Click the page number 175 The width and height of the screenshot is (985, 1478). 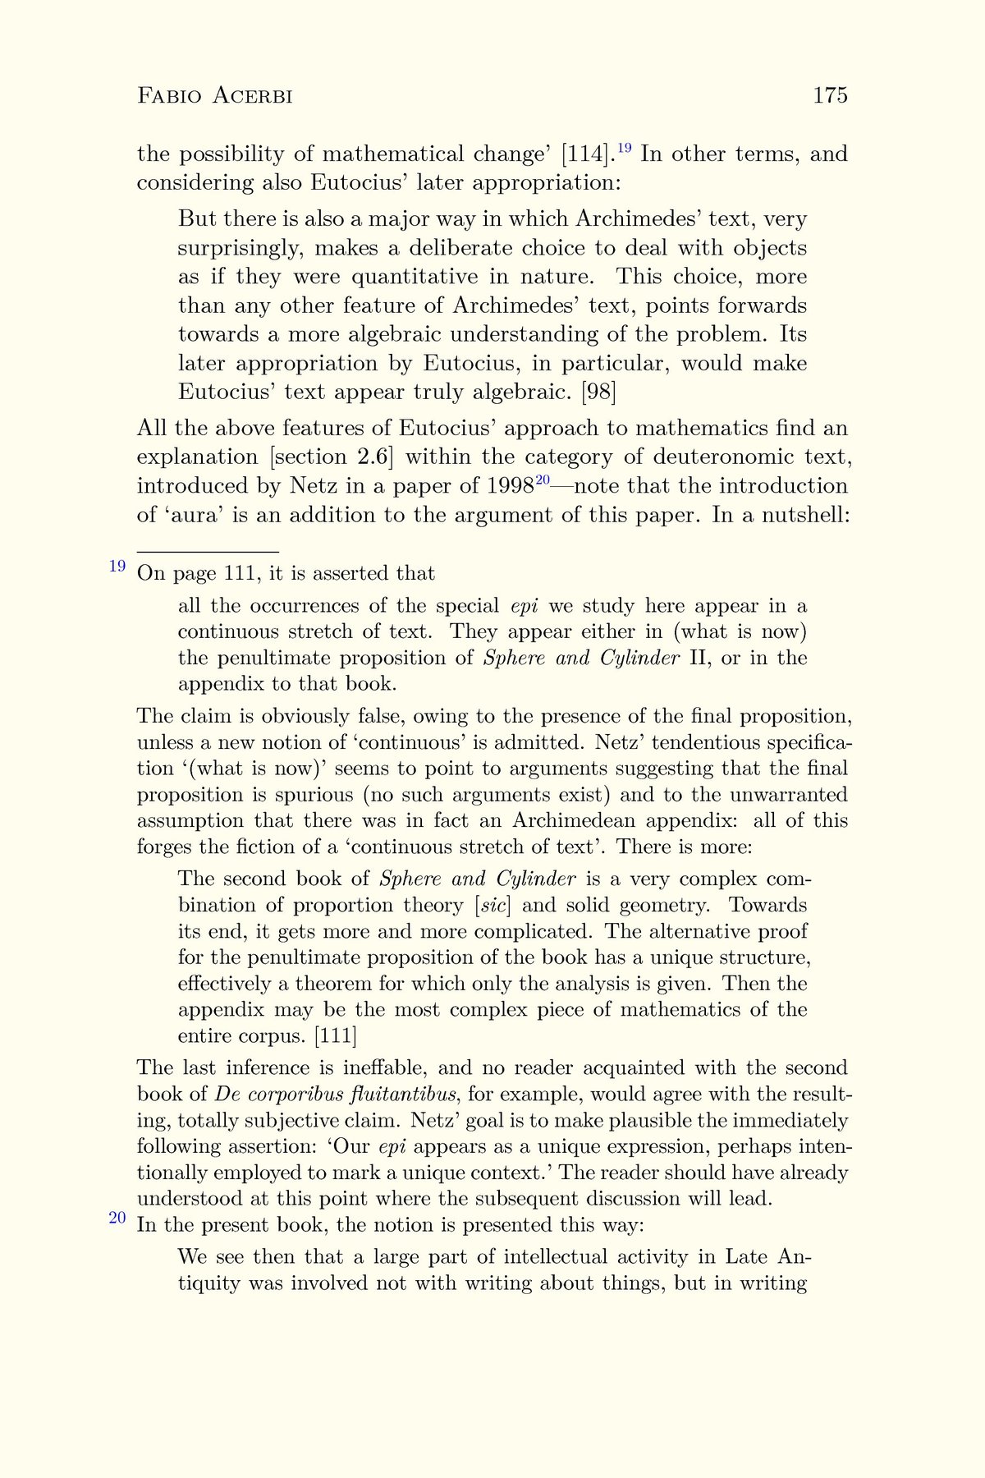pos(830,96)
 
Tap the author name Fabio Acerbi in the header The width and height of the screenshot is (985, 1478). pos(215,96)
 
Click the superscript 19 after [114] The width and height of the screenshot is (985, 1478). pos(624,149)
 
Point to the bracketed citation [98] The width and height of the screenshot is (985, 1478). pos(598,392)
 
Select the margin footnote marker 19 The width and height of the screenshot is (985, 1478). pos(117,566)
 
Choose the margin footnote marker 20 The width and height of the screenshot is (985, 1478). pos(117,1218)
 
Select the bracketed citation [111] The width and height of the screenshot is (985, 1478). pos(337,1036)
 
